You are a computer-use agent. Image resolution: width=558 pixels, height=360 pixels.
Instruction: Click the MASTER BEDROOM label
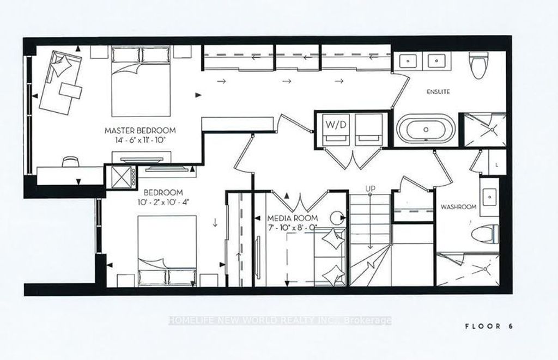click(x=140, y=131)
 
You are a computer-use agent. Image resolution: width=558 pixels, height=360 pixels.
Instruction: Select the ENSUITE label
click(x=438, y=92)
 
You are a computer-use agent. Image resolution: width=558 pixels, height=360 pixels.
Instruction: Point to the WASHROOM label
click(x=458, y=207)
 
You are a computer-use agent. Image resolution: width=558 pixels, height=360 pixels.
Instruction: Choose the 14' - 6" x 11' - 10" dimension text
click(x=140, y=140)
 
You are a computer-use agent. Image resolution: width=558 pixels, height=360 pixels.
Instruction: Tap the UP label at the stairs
click(x=371, y=189)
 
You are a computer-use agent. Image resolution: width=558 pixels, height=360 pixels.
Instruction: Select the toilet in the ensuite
click(x=478, y=66)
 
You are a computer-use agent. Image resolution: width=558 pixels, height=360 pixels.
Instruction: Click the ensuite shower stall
click(x=484, y=130)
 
